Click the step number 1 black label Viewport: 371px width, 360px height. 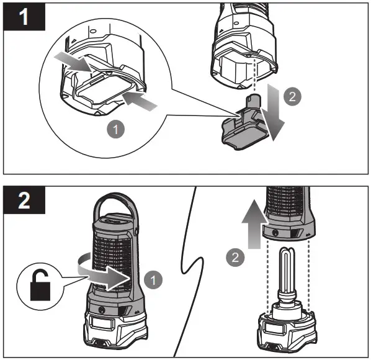[x=24, y=17]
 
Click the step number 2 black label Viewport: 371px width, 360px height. [x=24, y=200]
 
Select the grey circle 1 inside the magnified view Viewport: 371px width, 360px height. [x=115, y=130]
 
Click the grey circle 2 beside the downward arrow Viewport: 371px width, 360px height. [x=292, y=97]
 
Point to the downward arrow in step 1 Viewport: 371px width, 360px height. [x=274, y=112]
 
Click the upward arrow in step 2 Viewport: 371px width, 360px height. [x=254, y=224]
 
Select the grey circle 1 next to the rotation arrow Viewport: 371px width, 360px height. [x=153, y=280]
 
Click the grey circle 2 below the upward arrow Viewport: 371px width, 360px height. [x=235, y=258]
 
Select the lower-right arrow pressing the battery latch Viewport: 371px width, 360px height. [x=140, y=101]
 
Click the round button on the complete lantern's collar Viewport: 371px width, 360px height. [x=102, y=309]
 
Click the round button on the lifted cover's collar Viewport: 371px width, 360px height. [x=275, y=233]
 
